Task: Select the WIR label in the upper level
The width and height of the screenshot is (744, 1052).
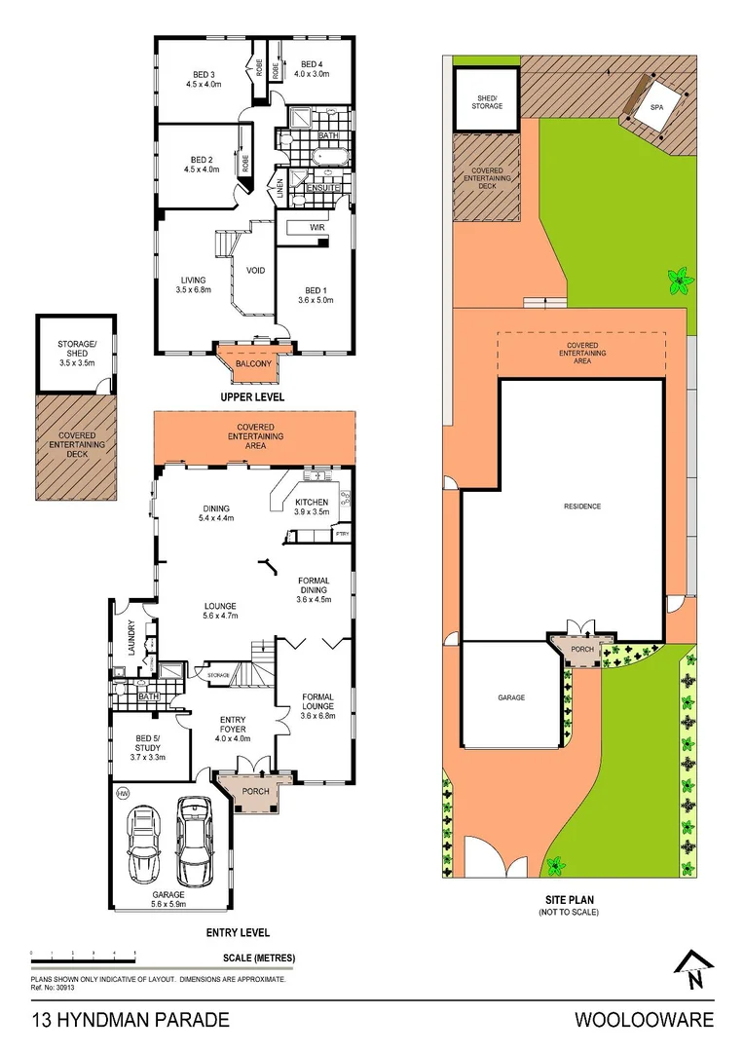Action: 316,227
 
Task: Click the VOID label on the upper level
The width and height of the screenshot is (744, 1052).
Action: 257,271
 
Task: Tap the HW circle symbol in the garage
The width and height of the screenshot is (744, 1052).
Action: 123,794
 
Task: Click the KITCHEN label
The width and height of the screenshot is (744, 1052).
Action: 313,503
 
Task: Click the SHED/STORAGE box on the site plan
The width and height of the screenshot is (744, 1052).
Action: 488,101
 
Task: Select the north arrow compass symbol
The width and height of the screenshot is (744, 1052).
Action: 692,971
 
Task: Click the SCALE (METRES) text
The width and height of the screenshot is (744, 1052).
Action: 259,958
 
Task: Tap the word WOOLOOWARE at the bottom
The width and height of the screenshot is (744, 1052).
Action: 644,1021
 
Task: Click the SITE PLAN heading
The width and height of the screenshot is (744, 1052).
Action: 568,900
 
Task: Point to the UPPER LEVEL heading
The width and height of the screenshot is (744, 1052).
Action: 252,397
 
